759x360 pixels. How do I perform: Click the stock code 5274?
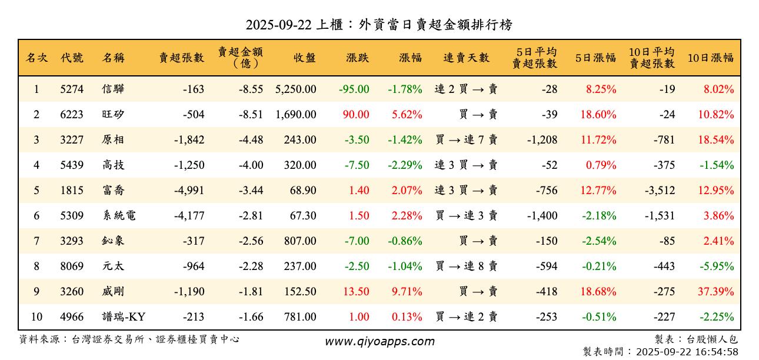click(72, 89)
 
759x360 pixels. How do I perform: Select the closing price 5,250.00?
click(295, 89)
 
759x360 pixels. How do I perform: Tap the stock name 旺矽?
click(113, 115)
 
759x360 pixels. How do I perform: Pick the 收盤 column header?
click(304, 58)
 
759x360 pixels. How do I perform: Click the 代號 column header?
click(72, 58)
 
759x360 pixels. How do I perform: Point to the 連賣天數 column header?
click(466, 58)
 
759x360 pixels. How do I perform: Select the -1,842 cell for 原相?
click(189, 140)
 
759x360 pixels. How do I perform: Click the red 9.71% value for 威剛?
click(407, 292)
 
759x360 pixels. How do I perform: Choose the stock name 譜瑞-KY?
click(124, 317)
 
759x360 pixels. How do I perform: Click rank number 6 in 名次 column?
click(36, 216)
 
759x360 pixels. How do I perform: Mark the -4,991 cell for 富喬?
click(189, 191)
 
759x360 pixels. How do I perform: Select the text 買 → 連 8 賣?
click(466, 266)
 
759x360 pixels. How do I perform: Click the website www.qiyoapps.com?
click(379, 342)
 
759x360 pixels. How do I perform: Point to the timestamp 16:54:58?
click(717, 352)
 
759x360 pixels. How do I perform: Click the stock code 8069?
click(72, 266)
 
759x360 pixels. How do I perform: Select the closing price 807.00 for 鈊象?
click(300, 241)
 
